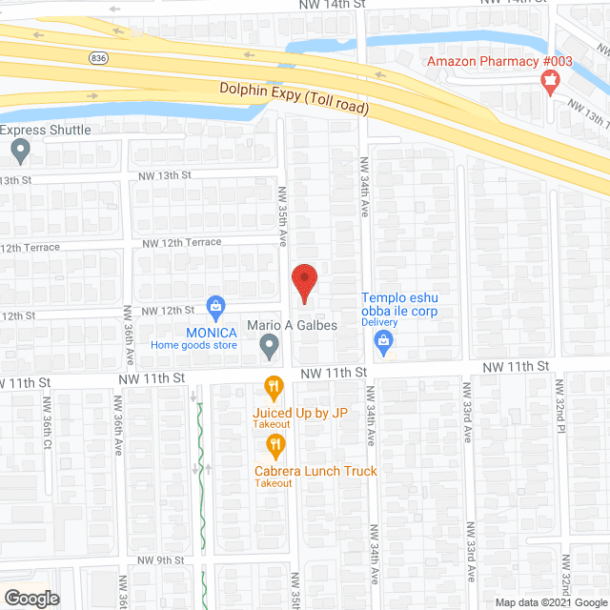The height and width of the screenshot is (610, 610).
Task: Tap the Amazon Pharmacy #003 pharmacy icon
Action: (549, 83)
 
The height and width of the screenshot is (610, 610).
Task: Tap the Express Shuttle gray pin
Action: (21, 150)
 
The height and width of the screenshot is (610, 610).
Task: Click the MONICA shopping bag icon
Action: (216, 306)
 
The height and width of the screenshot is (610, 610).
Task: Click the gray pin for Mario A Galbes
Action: (270, 347)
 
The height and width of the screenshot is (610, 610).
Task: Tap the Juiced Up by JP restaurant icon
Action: (274, 387)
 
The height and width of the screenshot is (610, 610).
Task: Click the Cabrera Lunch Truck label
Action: (315, 471)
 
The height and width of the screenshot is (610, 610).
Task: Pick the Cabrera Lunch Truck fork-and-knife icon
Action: (274, 444)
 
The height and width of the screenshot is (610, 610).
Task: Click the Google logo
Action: (30, 599)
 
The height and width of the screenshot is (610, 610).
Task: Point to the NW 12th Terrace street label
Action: (181, 243)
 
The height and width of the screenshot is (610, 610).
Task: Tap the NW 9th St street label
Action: (159, 559)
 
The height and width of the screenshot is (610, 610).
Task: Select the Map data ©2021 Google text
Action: (551, 602)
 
